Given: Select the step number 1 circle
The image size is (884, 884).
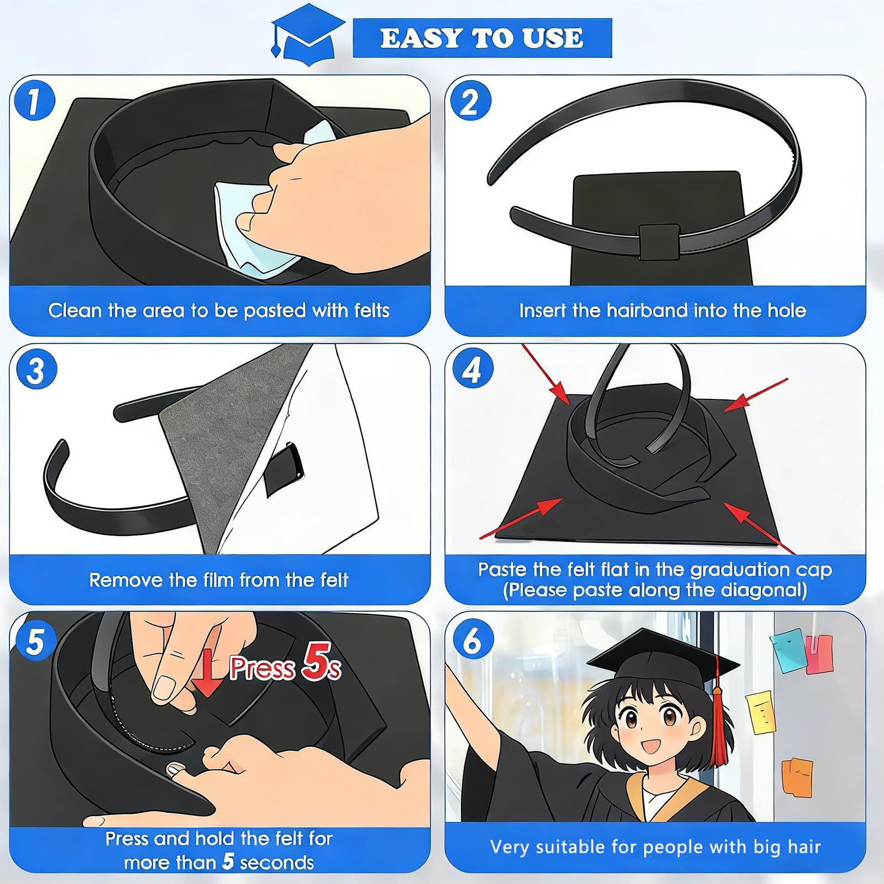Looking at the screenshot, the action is click(34, 101).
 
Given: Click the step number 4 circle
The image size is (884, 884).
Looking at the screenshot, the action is click(472, 368).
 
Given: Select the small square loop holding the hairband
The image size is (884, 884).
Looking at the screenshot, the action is click(659, 241).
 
